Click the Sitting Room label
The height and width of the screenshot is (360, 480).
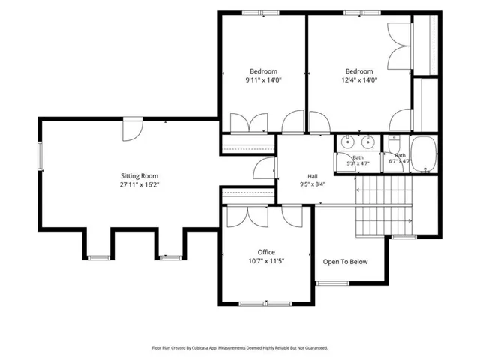(x=139, y=176)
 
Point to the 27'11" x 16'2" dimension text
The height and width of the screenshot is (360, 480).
(x=139, y=185)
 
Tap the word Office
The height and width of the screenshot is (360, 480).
(x=266, y=252)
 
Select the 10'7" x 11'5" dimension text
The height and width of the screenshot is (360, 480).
(x=266, y=261)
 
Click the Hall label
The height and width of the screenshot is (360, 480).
(x=313, y=176)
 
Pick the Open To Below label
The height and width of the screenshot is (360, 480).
(x=345, y=262)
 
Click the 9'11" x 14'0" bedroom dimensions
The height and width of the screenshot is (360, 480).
(x=263, y=80)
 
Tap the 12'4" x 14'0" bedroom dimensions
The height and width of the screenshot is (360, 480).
(x=359, y=80)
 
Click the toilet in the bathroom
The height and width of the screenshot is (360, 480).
(x=394, y=143)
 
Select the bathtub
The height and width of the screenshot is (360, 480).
(x=423, y=154)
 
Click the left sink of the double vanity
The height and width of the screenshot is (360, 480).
(x=347, y=142)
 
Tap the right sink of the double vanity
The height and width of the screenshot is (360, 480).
(x=367, y=142)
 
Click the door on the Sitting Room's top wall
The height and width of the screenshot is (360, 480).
(x=133, y=129)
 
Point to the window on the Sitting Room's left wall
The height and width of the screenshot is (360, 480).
(x=40, y=156)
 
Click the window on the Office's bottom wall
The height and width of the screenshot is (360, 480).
(x=265, y=304)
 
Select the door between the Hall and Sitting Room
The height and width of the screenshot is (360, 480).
(x=265, y=168)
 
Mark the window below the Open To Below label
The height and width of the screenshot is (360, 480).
(x=333, y=283)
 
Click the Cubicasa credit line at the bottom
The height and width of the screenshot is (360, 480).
(x=240, y=348)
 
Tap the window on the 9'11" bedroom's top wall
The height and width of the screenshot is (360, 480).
(x=261, y=13)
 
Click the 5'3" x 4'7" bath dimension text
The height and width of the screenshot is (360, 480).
(x=358, y=163)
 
